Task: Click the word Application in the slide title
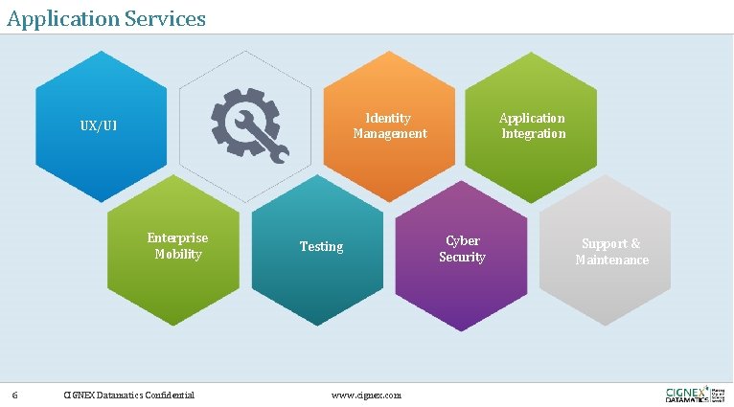coord(66,17)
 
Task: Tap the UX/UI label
coord(99,126)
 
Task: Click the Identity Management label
coord(390,125)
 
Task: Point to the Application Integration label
coord(533,125)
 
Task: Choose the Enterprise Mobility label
coord(177,246)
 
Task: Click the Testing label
coord(321,246)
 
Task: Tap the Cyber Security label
coord(462,249)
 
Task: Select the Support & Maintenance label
coord(611,252)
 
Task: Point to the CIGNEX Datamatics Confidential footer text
coord(128,395)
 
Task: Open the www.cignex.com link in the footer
coord(366,395)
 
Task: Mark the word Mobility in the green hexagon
coord(178,254)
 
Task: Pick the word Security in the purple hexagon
coord(462,257)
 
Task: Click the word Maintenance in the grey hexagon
coord(611,260)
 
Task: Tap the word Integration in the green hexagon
coord(534,133)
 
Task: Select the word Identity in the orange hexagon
coord(388,118)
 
